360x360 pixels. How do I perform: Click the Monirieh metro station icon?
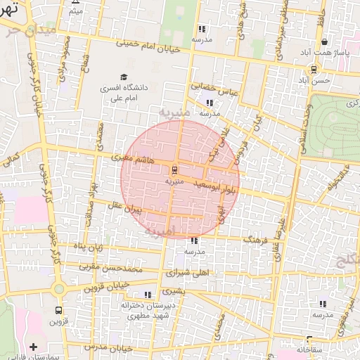(174, 169)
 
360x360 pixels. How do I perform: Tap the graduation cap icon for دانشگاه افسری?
(124, 77)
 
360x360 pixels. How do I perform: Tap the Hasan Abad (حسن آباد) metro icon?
(314, 70)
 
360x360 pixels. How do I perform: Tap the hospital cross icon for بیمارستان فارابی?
(33, 347)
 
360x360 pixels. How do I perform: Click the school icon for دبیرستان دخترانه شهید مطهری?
(148, 295)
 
